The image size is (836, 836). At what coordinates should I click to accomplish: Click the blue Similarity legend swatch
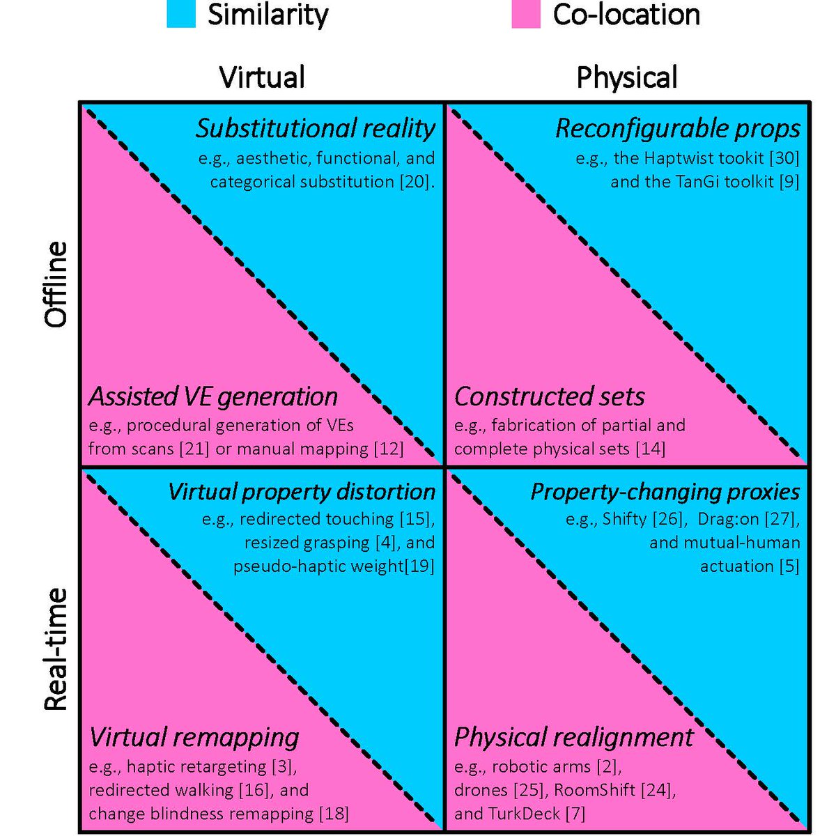click(180, 14)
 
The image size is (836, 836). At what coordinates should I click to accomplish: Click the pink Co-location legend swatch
click(526, 14)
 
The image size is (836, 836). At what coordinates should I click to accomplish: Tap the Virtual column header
click(262, 77)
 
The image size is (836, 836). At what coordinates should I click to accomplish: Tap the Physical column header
click(626, 77)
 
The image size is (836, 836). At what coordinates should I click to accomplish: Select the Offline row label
click(56, 284)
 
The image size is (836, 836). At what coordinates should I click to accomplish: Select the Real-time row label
click(56, 649)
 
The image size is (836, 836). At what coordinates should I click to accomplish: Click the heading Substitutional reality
click(315, 128)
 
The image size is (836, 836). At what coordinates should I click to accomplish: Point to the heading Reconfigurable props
click(677, 128)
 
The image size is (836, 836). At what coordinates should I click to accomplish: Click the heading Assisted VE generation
click(213, 396)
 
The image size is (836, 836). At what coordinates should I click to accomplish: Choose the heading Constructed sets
click(550, 396)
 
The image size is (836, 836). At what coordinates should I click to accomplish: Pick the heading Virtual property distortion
click(301, 491)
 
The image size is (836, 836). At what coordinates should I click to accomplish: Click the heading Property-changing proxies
click(665, 491)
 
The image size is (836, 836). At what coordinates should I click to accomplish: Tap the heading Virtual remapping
click(194, 737)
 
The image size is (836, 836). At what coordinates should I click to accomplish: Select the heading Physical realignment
click(573, 737)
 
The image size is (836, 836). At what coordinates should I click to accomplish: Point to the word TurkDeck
click(522, 813)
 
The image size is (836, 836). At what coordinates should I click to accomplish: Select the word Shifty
click(625, 519)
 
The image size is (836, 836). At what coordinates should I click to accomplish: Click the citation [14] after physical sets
click(650, 449)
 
